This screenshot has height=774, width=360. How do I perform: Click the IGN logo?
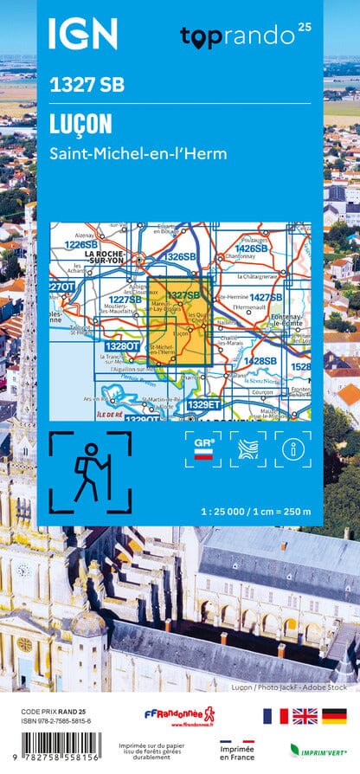(x=82, y=34)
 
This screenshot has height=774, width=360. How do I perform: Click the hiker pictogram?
(x=90, y=472)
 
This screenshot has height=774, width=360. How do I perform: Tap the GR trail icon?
(x=203, y=449)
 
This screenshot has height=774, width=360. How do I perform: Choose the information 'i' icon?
(x=292, y=449)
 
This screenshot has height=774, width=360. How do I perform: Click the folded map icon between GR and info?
(x=247, y=449)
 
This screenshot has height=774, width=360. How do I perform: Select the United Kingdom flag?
(x=305, y=716)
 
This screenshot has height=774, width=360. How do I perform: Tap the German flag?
(x=333, y=716)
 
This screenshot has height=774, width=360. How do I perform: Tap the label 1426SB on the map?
(x=251, y=248)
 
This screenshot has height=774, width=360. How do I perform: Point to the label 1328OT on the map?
(x=123, y=347)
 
